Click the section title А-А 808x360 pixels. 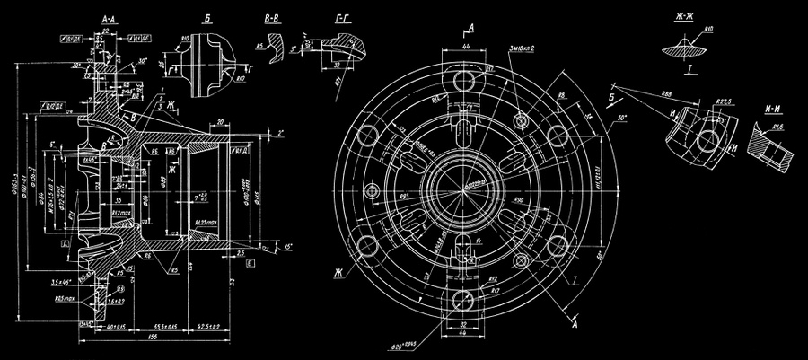109,18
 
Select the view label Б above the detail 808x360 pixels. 207,17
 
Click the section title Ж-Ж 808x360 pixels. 691,17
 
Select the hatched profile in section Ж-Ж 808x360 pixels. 690,49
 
